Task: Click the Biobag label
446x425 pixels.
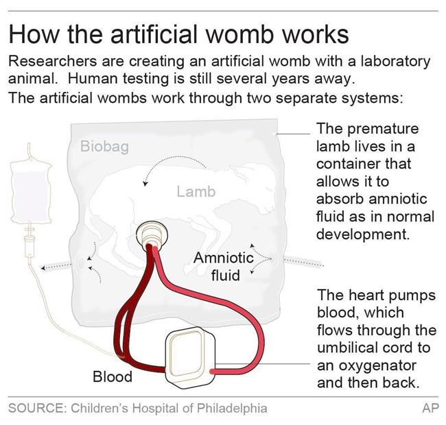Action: (x=104, y=147)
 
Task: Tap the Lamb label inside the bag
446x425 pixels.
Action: (x=196, y=191)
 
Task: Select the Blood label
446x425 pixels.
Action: (x=113, y=376)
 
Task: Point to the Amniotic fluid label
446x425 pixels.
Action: (x=224, y=267)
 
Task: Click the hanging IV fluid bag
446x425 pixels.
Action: (x=31, y=192)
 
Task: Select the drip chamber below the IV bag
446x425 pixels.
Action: (x=29, y=245)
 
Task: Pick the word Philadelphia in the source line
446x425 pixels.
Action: (x=232, y=409)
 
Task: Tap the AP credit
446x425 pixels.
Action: (x=431, y=409)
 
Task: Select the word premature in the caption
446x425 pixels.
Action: (x=383, y=130)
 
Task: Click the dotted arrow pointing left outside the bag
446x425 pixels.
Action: (x=56, y=267)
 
